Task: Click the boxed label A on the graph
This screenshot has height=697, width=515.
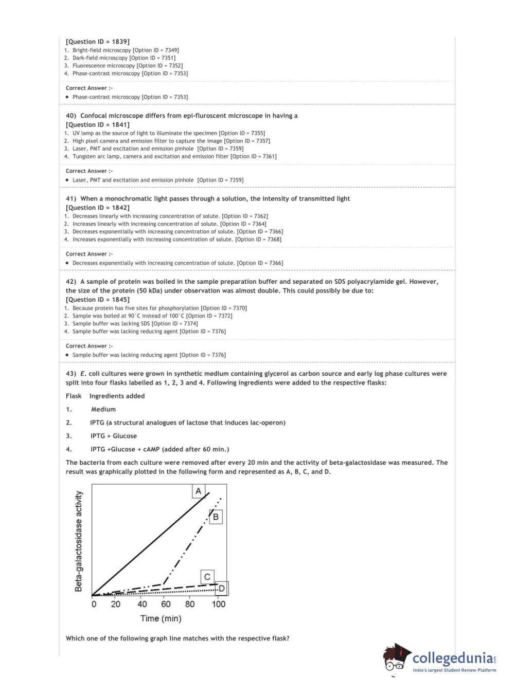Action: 199,491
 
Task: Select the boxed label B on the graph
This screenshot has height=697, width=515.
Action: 216,517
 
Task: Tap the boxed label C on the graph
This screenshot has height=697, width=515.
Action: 207,577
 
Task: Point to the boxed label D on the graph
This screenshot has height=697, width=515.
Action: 222,588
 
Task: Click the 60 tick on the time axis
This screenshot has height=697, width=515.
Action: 166,604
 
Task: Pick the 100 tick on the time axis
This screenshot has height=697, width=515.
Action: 218,604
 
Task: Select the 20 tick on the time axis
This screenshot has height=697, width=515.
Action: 116,604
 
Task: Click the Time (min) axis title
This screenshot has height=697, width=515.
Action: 161,618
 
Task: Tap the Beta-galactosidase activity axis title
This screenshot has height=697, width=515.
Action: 79,541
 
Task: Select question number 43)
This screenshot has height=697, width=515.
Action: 71,374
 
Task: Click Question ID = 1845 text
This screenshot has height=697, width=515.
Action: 97,300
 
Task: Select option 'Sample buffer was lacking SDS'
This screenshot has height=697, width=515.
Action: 111,324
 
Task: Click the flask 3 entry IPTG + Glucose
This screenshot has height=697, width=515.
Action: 114,436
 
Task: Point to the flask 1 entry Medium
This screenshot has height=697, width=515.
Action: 103,409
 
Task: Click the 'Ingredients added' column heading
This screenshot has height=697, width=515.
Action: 117,396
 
